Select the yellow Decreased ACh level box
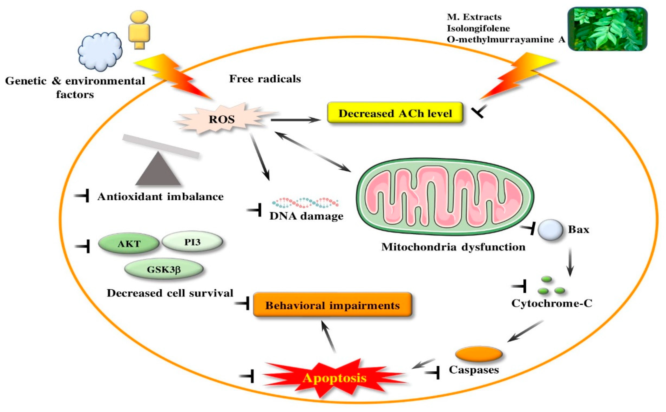click(x=395, y=113)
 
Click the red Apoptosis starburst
click(x=334, y=378)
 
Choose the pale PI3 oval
click(x=192, y=242)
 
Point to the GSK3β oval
click(x=164, y=269)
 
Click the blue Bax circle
click(x=550, y=230)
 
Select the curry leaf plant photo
click(x=607, y=29)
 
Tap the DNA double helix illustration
click(x=305, y=203)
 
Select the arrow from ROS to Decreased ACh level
click(x=295, y=120)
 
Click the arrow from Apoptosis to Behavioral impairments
click(x=328, y=337)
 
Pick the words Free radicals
click(x=265, y=79)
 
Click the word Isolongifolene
click(x=478, y=28)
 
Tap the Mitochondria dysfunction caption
click(x=453, y=247)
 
